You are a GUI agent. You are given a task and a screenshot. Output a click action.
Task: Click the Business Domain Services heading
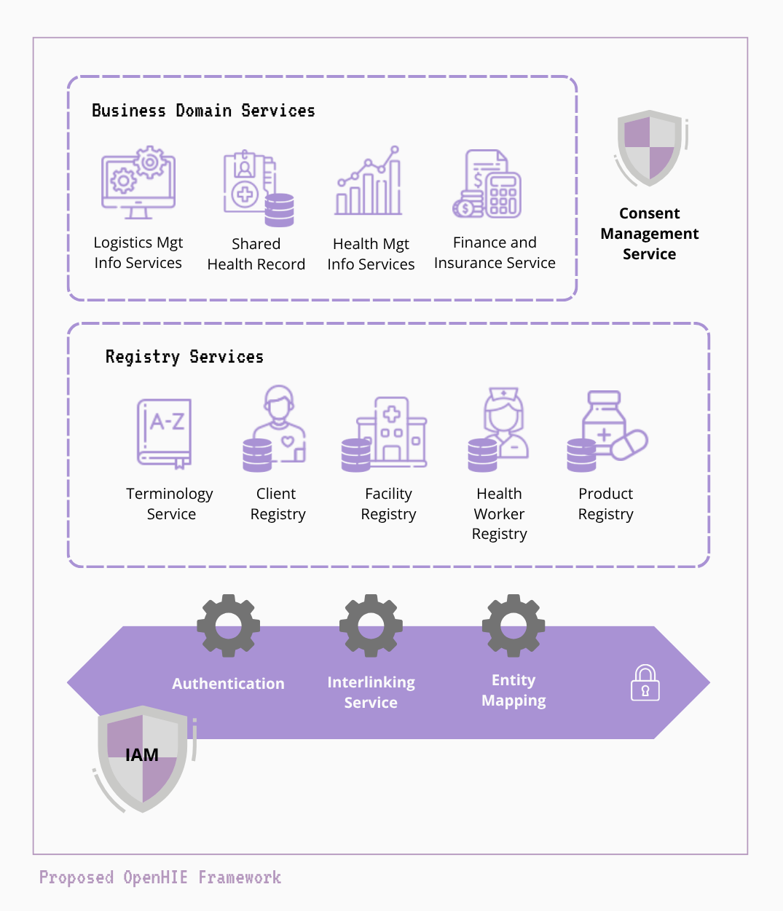click(203, 111)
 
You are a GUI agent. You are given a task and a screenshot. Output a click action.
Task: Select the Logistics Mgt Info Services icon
click(138, 184)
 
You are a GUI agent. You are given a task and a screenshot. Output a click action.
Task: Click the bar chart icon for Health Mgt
click(369, 181)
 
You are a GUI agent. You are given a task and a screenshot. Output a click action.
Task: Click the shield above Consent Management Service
click(650, 149)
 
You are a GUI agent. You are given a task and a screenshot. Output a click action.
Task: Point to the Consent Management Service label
click(649, 234)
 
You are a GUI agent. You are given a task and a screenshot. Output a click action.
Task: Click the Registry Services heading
click(184, 357)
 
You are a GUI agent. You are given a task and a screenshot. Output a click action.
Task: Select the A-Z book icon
click(165, 433)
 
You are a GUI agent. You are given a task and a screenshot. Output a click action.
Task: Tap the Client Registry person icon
click(275, 428)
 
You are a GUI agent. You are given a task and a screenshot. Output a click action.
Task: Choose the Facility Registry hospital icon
click(385, 433)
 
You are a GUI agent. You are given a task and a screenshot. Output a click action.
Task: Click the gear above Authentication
click(229, 626)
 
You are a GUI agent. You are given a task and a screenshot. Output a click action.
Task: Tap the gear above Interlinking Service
click(371, 626)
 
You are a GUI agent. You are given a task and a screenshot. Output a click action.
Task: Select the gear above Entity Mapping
click(514, 626)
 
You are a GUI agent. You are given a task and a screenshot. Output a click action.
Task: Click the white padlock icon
click(645, 683)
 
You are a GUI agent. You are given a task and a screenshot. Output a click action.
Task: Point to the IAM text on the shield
click(142, 755)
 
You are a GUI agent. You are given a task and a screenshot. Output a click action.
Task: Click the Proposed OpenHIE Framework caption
click(160, 878)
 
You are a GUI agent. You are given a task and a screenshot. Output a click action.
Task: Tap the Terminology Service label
click(170, 504)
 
